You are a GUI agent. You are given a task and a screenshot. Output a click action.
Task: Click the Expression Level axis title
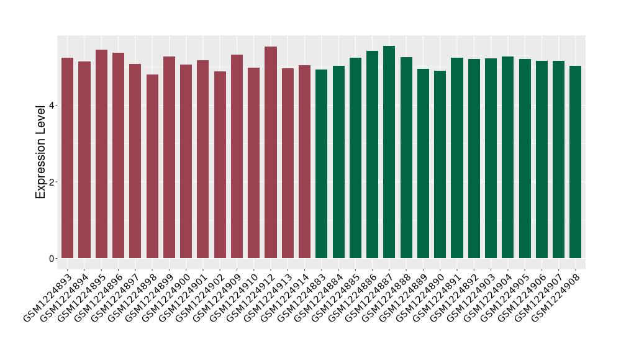(x=41, y=151)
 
